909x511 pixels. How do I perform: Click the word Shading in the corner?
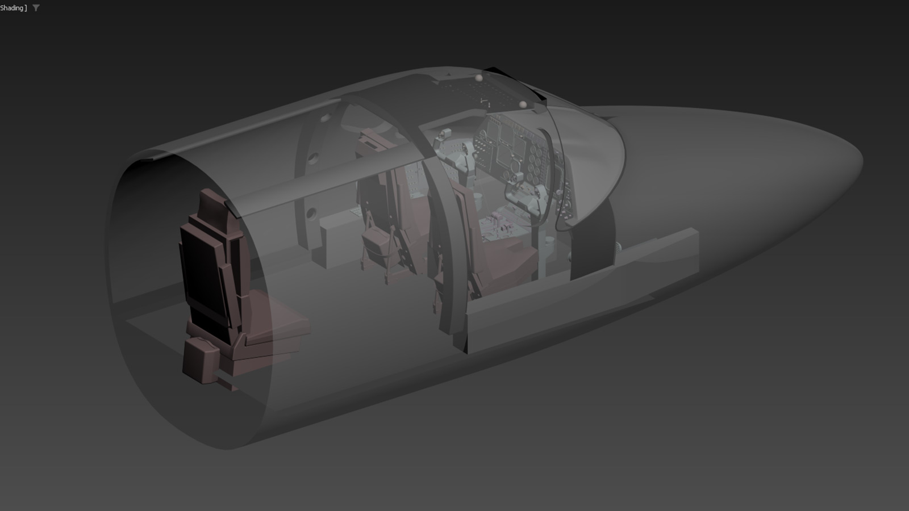12,8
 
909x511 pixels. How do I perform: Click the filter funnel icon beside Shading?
36,8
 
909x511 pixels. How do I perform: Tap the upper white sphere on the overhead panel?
479,78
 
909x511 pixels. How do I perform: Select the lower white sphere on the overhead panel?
523,104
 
